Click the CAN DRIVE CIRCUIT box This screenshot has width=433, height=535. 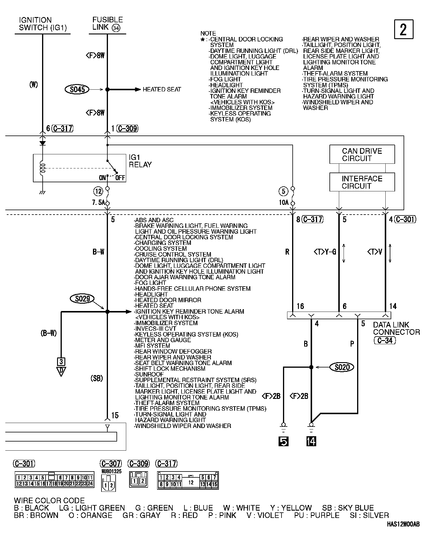(x=362, y=154)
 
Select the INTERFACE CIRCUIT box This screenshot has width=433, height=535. (x=362, y=182)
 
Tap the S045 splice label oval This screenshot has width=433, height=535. (x=77, y=89)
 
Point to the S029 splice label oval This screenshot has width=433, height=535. (x=82, y=299)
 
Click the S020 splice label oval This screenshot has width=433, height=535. (x=342, y=367)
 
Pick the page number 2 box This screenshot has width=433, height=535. (x=403, y=29)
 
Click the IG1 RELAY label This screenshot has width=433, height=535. (x=140, y=161)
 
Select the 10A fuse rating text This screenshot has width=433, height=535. (x=284, y=203)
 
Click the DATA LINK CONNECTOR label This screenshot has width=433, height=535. (x=396, y=328)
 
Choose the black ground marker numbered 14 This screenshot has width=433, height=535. (x=311, y=441)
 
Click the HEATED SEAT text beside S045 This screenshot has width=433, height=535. (x=162, y=89)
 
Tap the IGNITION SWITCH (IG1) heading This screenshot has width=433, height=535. (x=43, y=24)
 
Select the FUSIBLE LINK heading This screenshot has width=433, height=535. (x=107, y=24)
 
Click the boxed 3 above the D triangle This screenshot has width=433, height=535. (x=61, y=362)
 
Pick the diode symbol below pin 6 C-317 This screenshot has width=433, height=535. (x=43, y=143)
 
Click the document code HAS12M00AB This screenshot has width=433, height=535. (x=403, y=524)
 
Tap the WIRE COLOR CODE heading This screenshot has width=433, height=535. (x=49, y=500)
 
